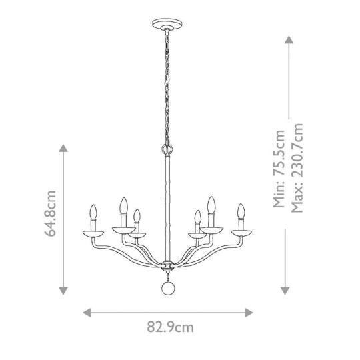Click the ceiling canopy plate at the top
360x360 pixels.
pyautogui.click(x=167, y=23)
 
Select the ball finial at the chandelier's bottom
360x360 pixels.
pyautogui.click(x=167, y=289)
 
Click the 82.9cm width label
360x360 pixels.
pyautogui.click(x=170, y=327)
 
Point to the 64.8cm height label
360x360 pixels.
pyautogui.click(x=50, y=213)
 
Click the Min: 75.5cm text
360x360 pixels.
pyautogui.click(x=279, y=169)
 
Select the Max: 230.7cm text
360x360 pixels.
pyautogui.click(x=297, y=168)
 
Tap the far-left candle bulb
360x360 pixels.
pyautogui.click(x=93, y=212)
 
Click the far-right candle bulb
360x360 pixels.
pyautogui.click(x=241, y=211)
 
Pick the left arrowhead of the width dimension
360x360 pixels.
pyautogui.click(x=87, y=313)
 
